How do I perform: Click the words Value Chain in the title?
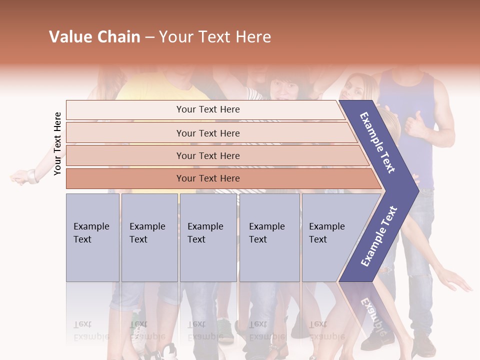94,37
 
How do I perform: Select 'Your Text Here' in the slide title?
215,37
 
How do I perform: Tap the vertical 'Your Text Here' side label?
58,143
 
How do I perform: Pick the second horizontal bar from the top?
207,133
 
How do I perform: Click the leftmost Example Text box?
92,237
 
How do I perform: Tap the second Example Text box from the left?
149,237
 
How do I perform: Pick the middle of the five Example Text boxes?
208,237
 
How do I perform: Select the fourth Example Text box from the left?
269,237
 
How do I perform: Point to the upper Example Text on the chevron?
378,142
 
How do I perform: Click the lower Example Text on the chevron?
379,236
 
